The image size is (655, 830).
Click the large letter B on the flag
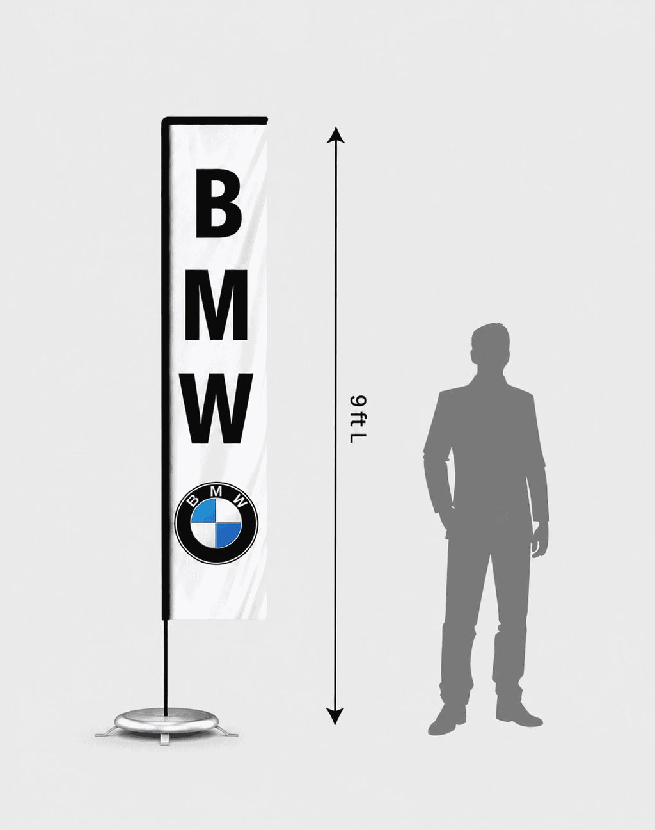[219, 204]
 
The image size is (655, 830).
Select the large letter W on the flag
[217, 408]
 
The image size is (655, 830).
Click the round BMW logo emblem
[216, 523]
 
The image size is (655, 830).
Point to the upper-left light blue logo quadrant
[203, 510]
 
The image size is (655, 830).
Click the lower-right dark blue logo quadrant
[228, 536]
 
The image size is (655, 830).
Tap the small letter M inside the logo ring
[217, 491]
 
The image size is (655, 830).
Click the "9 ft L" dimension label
[357, 419]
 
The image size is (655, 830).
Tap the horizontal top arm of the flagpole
[215, 118]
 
